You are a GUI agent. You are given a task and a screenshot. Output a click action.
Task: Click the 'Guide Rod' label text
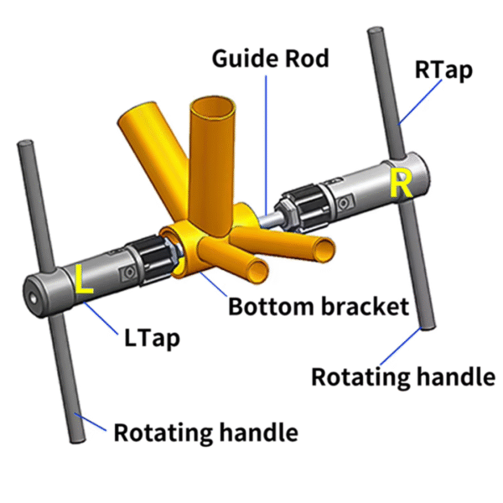point(270,60)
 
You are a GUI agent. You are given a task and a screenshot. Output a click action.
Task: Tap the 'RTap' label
point(443,70)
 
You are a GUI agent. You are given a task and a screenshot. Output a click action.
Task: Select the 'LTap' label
point(151,339)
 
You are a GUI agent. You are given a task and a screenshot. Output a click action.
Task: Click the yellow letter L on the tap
point(83,280)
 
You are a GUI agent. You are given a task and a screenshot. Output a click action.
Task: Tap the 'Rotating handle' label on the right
point(402,376)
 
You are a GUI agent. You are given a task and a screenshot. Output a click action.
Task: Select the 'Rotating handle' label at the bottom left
point(205,433)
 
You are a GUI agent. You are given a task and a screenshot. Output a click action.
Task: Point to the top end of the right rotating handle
point(374,34)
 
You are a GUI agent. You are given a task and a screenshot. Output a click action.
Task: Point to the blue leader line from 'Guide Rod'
point(267,134)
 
